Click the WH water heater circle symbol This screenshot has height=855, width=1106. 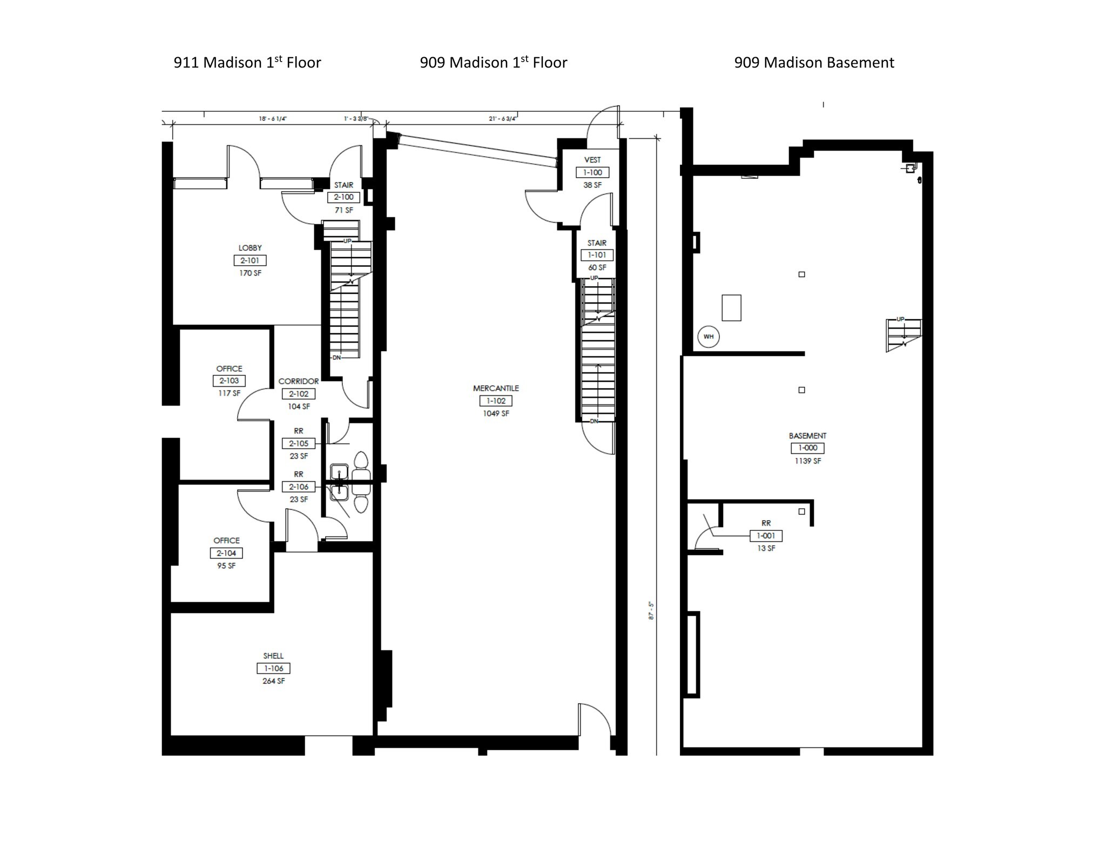click(708, 336)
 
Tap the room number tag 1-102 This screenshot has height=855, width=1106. click(496, 401)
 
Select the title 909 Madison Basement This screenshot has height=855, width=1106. click(814, 63)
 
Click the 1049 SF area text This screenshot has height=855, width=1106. click(496, 414)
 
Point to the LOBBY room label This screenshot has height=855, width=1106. click(250, 248)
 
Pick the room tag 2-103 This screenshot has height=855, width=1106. click(229, 381)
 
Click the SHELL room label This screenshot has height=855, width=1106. click(273, 656)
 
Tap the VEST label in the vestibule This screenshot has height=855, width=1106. click(592, 160)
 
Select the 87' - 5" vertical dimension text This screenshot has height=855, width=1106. click(651, 610)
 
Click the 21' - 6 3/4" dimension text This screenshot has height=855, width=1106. click(503, 118)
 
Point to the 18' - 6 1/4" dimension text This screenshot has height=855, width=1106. click(272, 118)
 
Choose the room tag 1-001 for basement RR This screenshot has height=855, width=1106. click(766, 536)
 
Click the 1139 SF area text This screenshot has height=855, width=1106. click(807, 461)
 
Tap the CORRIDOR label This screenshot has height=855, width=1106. click(299, 381)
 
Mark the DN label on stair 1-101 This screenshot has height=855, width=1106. click(594, 421)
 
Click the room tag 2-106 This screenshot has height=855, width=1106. click(299, 487)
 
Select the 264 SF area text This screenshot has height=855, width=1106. click(273, 681)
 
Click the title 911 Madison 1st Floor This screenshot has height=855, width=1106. click(247, 63)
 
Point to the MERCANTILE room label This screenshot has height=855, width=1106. click(496, 388)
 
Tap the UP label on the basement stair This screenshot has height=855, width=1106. click(900, 319)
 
